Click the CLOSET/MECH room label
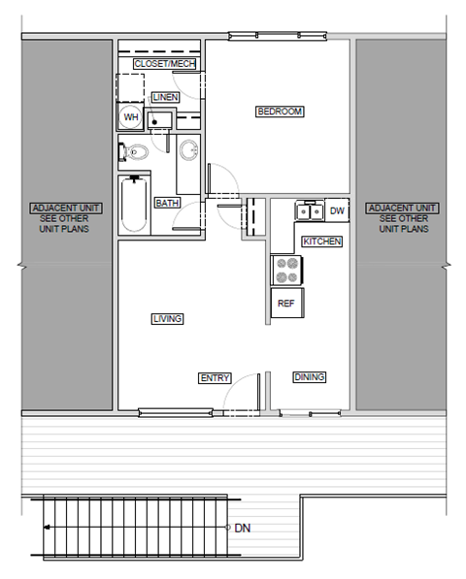[165, 64]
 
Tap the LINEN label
[165, 97]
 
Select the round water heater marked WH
[130, 117]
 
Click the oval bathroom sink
[189, 149]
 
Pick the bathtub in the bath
[134, 204]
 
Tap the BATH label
[167, 203]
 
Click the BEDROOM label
[280, 112]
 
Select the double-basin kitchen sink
[310, 210]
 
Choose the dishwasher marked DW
[337, 210]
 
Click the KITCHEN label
[321, 241]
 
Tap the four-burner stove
[286, 270]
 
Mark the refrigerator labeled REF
[286, 304]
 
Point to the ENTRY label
[214, 377]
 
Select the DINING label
[309, 377]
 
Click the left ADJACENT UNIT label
[60, 209]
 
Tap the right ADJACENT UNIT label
[402, 209]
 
